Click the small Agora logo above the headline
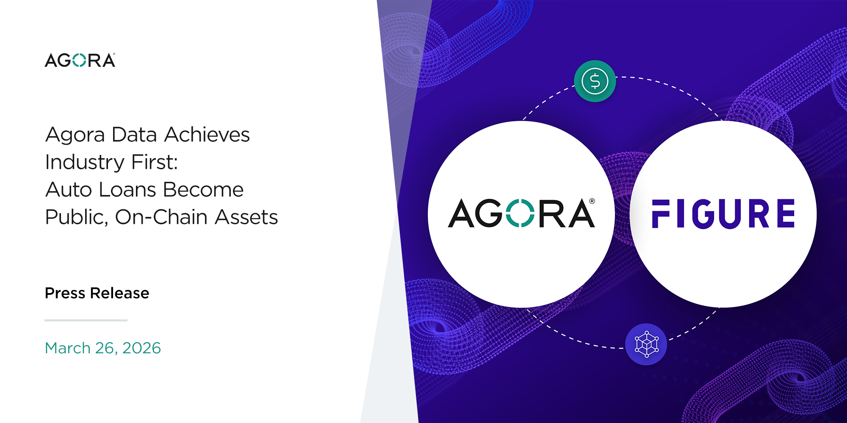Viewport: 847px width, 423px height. point(80,60)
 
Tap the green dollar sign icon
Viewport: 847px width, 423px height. point(595,81)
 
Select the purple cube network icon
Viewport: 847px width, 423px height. point(646,344)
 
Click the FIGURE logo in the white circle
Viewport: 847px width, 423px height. point(723,214)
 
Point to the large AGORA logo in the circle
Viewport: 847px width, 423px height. point(522,213)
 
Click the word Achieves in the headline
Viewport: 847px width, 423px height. point(207,135)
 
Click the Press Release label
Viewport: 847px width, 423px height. point(97,293)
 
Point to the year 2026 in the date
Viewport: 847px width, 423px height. point(141,348)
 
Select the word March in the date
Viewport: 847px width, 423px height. point(68,348)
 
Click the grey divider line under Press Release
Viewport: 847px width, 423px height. point(86,320)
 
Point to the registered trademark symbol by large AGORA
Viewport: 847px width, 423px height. point(592,201)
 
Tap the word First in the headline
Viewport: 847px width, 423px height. point(155,162)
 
